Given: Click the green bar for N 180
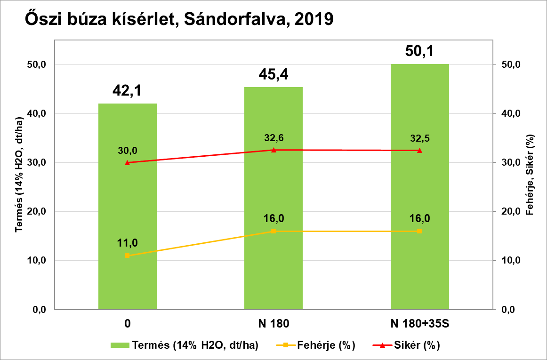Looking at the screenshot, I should [x=273, y=198].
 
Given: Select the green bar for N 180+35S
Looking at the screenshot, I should [x=419, y=188].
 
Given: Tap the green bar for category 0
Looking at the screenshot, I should [x=127, y=207].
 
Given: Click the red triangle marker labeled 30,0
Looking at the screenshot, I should [x=127, y=162].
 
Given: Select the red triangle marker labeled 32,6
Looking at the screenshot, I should [x=273, y=150].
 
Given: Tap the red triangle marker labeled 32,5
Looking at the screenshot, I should [x=419, y=150].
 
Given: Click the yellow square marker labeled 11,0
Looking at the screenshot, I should [x=127, y=256].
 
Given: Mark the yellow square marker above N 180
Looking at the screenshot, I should [x=273, y=231].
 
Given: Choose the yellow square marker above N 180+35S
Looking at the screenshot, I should [x=419, y=231].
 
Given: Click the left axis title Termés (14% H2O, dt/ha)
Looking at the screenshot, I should [x=19, y=175].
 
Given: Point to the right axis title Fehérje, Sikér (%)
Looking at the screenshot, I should [x=531, y=175].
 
